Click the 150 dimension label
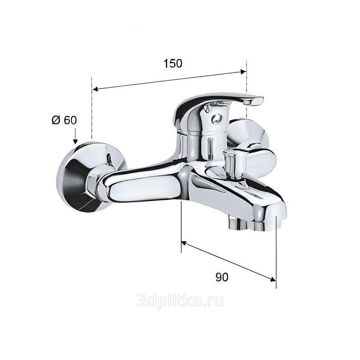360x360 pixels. coord(173,63)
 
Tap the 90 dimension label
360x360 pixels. coord(222,277)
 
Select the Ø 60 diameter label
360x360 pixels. coord(64,120)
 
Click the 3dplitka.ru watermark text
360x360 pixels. coord(180,301)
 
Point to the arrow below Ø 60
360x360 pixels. coord(76,136)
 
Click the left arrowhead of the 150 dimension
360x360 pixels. coord(95,89)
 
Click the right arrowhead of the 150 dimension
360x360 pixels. coord(243,72)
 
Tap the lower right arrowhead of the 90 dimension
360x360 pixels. coord(273,279)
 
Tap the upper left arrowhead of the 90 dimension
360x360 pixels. coord(184,243)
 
